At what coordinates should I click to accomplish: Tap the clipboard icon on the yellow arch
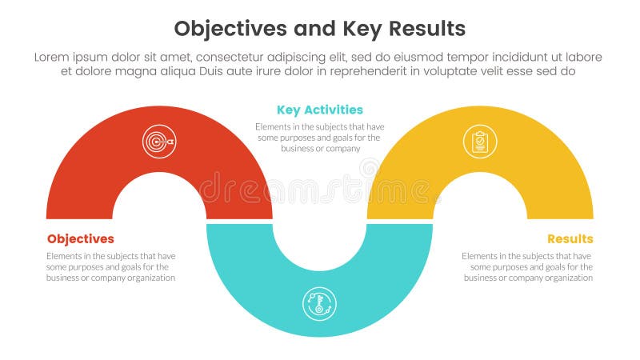[479, 142]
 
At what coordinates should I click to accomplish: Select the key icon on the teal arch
[319, 304]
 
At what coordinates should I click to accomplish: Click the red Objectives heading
[80, 239]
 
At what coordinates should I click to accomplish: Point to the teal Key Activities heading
[319, 110]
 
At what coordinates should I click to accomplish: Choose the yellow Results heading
[570, 239]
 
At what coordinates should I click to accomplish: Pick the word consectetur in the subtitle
[245, 57]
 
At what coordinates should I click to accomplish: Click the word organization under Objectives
[149, 278]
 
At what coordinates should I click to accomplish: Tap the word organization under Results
[566, 278]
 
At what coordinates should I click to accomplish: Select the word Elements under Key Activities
[274, 126]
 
